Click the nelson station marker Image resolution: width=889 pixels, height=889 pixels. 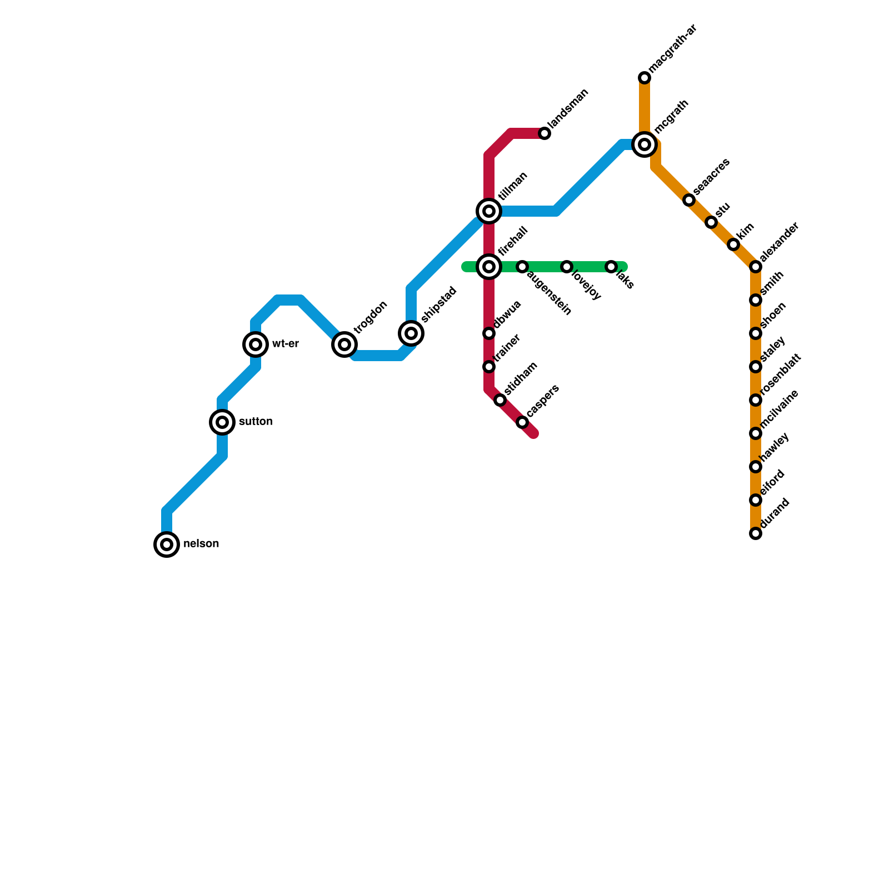pyautogui.click(x=167, y=545)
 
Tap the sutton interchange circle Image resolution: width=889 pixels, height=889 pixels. pyautogui.click(x=222, y=422)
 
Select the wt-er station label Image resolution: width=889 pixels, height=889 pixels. pyautogui.click(x=286, y=344)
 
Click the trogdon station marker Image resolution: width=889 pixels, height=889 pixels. pyautogui.click(x=344, y=344)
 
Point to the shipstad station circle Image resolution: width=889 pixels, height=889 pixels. pyautogui.click(x=411, y=333)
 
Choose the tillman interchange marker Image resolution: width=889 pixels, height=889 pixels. pyautogui.click(x=489, y=211)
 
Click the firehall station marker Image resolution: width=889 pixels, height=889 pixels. pyautogui.click(x=489, y=267)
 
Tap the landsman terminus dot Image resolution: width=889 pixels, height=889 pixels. pyautogui.click(x=545, y=133)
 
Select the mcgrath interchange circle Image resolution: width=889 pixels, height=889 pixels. pyautogui.click(x=645, y=144)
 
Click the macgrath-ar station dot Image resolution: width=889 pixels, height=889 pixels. pyautogui.click(x=645, y=78)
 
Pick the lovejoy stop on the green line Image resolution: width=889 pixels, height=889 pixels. pyautogui.click(x=567, y=267)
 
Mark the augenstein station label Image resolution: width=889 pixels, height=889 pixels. pyautogui.click(x=548, y=293)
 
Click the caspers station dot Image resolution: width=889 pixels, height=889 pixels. pyautogui.click(x=522, y=422)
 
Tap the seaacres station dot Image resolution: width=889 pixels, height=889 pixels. pyautogui.click(x=689, y=200)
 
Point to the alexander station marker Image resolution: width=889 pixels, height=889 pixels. pyautogui.click(x=756, y=267)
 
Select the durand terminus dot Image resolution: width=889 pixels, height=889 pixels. pyautogui.click(x=756, y=533)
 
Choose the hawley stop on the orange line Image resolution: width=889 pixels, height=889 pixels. pyautogui.click(x=756, y=467)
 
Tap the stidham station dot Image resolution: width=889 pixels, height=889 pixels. pyautogui.click(x=500, y=400)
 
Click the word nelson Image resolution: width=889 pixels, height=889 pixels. pyautogui.click(x=201, y=544)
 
